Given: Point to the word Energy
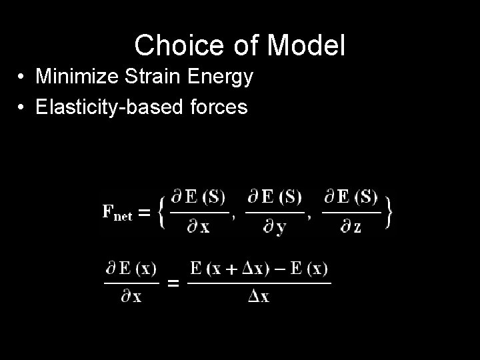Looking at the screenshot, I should coord(221,78).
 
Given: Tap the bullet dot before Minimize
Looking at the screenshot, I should coord(23,78).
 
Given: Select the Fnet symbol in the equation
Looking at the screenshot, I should coord(117,213).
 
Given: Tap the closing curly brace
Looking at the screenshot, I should coord(388,212).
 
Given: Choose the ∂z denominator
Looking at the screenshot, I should coord(349,228).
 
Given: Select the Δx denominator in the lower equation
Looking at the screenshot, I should coord(259,297).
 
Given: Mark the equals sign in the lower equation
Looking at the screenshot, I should coord(173,284).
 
